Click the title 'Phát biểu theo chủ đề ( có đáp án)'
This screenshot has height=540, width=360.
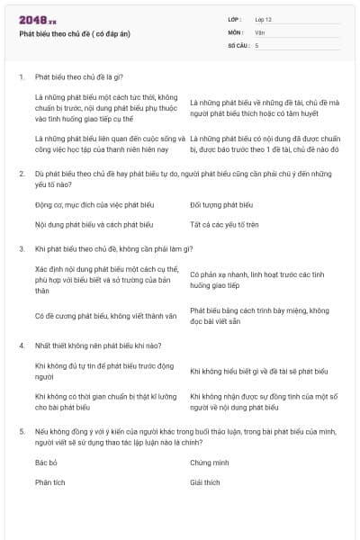click(x=75, y=34)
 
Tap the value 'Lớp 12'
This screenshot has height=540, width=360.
click(x=264, y=19)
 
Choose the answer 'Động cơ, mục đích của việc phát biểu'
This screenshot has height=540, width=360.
click(x=88, y=205)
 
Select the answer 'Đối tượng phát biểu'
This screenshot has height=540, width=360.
click(x=221, y=205)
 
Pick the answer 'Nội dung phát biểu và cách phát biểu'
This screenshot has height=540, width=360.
click(x=94, y=224)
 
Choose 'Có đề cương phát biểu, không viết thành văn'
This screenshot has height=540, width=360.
click(x=104, y=316)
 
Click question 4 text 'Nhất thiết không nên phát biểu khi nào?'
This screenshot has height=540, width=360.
click(x=98, y=345)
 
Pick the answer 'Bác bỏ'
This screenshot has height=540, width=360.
click(x=46, y=462)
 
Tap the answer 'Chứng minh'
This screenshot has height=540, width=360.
click(x=208, y=462)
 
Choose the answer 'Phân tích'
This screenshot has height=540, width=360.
click(x=50, y=482)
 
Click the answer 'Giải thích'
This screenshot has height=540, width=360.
click(x=205, y=482)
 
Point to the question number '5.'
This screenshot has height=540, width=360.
click(x=22, y=432)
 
